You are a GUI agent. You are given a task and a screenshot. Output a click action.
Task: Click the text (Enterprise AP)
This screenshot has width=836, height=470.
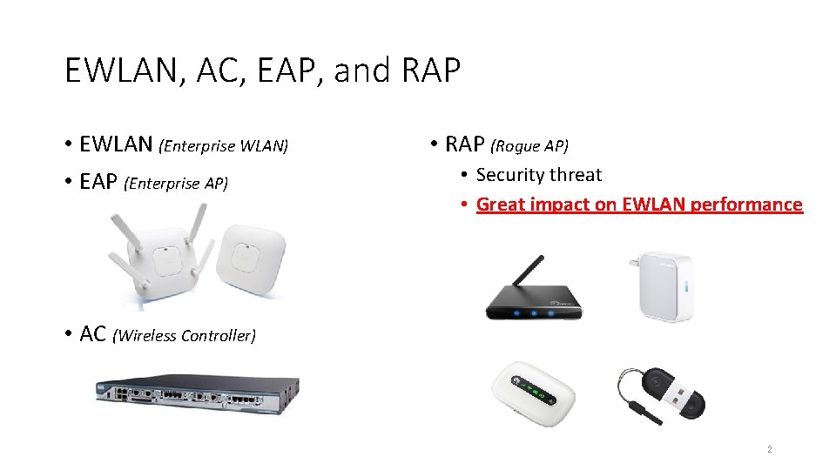coord(177,183)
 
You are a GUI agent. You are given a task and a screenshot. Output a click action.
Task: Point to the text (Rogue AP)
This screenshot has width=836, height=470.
coord(530,146)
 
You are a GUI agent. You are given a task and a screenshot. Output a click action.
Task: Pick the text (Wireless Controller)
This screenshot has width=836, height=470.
coord(184,336)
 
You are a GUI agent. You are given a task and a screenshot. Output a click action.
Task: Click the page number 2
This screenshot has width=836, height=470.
coord(769,450)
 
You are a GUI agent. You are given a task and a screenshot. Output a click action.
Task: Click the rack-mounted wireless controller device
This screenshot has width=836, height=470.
coord(199,393)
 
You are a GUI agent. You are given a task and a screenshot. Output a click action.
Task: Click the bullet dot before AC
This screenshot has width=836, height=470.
coord(68,334)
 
